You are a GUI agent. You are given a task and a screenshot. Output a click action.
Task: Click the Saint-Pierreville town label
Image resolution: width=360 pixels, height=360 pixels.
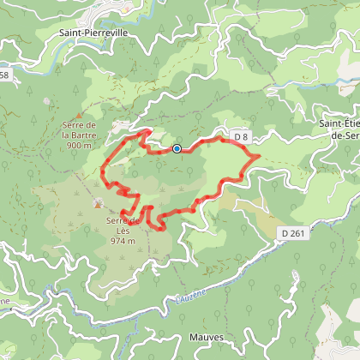point(93,35)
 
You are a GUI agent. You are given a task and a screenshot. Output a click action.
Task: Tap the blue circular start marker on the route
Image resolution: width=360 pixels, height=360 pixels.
point(177,148)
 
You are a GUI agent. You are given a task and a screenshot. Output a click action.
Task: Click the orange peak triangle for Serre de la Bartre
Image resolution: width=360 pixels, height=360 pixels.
point(80,115)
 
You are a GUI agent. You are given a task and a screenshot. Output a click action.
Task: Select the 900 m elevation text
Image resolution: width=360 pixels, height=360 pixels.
point(81,146)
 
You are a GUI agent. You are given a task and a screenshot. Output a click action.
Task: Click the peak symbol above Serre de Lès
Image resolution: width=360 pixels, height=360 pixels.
point(98,204)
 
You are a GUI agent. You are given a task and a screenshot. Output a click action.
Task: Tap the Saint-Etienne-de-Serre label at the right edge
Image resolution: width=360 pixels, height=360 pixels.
point(339,129)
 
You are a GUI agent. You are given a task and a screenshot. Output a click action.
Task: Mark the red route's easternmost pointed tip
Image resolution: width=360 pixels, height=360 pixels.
point(260,156)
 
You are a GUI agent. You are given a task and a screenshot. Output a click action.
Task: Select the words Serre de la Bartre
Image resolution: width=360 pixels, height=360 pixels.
point(81,130)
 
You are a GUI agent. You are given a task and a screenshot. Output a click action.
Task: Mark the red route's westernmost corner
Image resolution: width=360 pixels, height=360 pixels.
point(103,167)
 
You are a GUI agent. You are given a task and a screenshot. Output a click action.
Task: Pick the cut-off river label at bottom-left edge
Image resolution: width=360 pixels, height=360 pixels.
point(5,302)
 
